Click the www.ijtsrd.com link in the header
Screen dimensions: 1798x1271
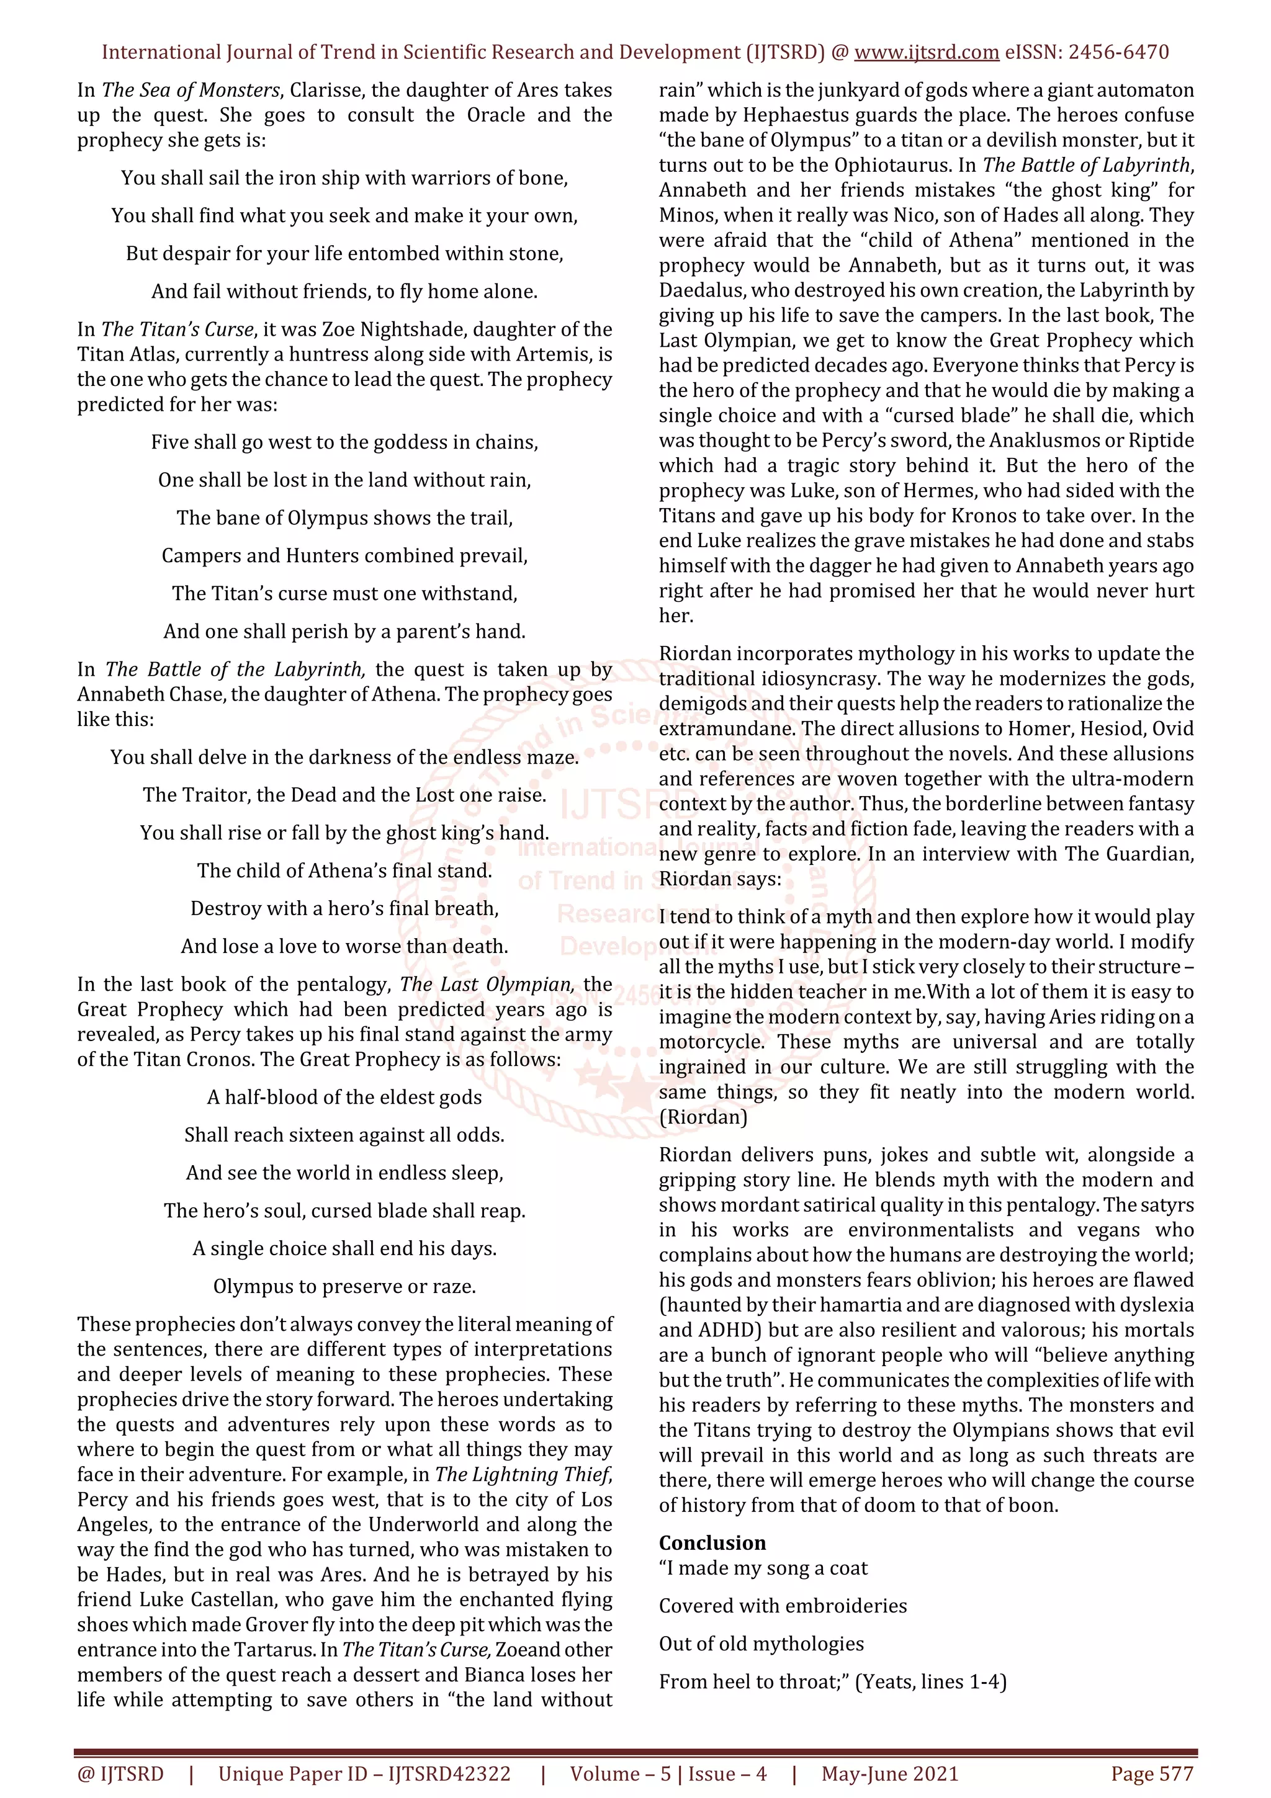point(926,53)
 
